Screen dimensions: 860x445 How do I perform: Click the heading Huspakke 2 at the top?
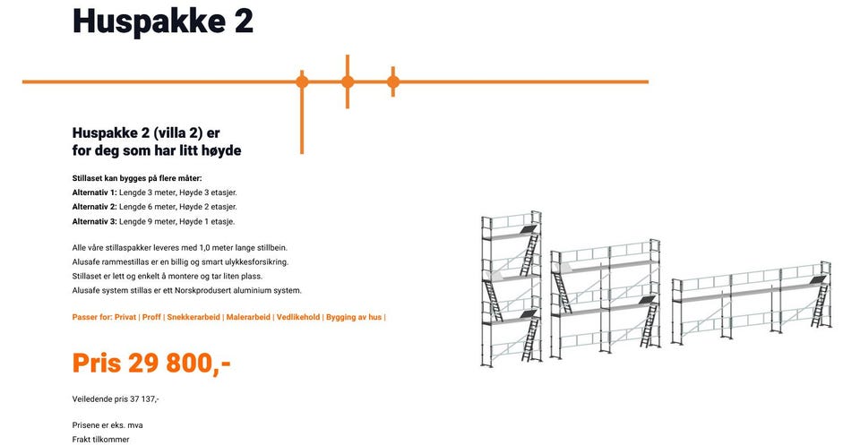click(163, 21)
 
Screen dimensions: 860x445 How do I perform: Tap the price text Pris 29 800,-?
click(151, 363)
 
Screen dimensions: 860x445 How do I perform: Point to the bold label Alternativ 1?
click(95, 193)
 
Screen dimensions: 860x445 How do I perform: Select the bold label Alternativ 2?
click(95, 207)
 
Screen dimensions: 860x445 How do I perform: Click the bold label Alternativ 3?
click(95, 222)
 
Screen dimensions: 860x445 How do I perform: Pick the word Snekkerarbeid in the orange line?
click(193, 317)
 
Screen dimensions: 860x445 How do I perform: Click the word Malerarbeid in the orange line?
click(248, 317)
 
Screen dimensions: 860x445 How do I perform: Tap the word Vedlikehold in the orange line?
click(298, 317)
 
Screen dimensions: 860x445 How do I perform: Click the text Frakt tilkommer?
click(101, 440)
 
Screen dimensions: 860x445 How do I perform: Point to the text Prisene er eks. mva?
click(107, 425)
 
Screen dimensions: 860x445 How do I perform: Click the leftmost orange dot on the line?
click(302, 82)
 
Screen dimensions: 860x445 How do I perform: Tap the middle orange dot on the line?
click(348, 82)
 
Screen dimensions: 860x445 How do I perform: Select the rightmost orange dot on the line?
click(392, 82)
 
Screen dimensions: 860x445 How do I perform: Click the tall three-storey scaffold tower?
click(512, 289)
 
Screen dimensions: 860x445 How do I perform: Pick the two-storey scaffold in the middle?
click(605, 299)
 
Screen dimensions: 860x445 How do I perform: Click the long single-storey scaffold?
click(752, 303)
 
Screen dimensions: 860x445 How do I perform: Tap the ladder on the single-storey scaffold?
click(820, 306)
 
